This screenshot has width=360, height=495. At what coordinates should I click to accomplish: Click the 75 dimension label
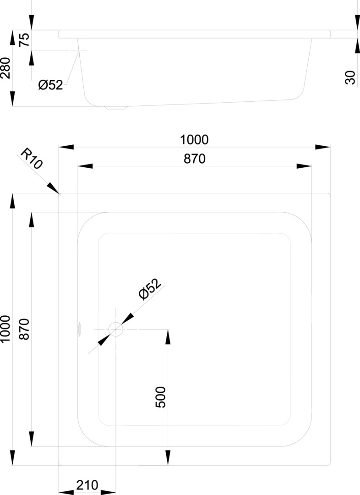coord(25,40)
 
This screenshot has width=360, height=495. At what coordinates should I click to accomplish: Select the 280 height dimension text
coord(6,68)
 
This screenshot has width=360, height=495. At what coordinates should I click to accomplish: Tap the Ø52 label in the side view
coord(50,85)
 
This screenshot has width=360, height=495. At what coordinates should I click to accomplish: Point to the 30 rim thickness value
coord(350,77)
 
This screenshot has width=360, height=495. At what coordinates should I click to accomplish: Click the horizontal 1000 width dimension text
coord(194,139)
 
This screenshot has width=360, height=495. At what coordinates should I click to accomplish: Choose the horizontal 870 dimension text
coord(194,159)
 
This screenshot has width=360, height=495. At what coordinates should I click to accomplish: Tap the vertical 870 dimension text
coord(25,329)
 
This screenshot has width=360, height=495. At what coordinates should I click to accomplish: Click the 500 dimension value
coord(161,397)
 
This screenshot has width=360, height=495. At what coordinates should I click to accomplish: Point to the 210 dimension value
coord(87,484)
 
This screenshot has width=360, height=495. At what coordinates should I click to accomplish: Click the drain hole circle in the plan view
coord(115,329)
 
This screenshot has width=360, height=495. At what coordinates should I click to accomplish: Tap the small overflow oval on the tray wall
coord(80,328)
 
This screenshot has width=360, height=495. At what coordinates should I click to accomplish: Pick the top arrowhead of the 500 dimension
coord(168,337)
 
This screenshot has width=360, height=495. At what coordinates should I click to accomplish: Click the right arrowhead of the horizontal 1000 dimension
coord(323,147)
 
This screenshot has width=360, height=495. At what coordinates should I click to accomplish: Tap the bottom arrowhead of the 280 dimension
coord(12,99)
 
